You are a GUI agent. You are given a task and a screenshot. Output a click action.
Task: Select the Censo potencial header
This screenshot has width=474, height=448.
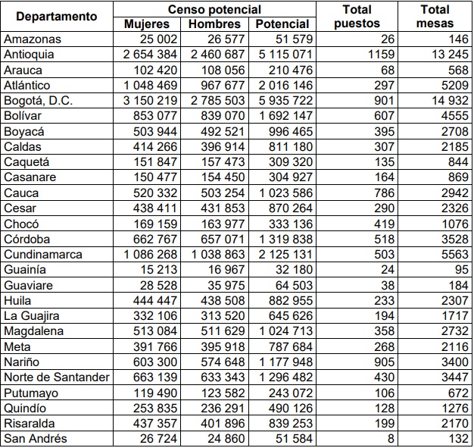coord(214,9)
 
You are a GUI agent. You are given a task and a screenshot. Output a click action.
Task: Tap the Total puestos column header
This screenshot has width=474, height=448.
coord(357,16)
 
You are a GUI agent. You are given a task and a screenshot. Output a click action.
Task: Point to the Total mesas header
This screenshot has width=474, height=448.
coord(434,16)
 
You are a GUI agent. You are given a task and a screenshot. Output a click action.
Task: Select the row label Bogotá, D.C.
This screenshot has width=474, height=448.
coord(39,101)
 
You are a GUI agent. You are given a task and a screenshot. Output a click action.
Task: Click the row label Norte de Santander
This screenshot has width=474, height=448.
coord(57,378)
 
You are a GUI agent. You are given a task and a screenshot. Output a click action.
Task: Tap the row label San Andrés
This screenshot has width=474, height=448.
coord(35,439)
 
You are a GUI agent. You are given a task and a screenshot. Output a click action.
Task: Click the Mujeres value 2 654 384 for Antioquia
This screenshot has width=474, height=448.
coord(152,55)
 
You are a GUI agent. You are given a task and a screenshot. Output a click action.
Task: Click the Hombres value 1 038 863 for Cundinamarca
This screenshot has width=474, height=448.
coord(219,255)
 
